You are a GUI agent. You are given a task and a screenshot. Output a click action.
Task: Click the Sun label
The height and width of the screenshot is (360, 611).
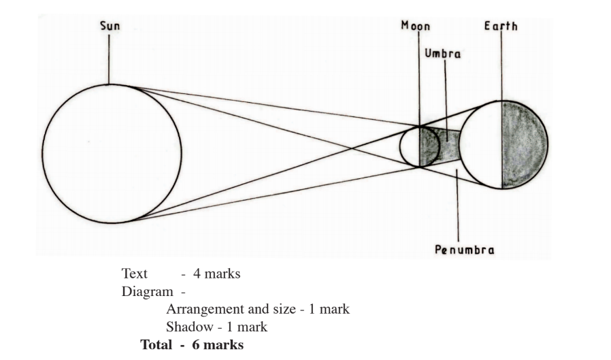(110, 26)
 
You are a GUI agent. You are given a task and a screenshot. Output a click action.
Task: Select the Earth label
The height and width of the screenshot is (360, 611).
(500, 26)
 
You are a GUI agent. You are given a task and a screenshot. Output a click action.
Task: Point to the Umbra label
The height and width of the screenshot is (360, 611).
(444, 54)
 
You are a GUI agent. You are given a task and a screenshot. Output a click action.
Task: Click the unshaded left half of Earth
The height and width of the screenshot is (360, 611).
(482, 144)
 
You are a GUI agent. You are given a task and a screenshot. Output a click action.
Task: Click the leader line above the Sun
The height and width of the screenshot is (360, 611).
(110, 58)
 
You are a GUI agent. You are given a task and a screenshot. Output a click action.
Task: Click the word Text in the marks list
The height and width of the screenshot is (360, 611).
(135, 274)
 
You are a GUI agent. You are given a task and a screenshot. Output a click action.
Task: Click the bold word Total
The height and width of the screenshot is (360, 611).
(155, 345)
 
